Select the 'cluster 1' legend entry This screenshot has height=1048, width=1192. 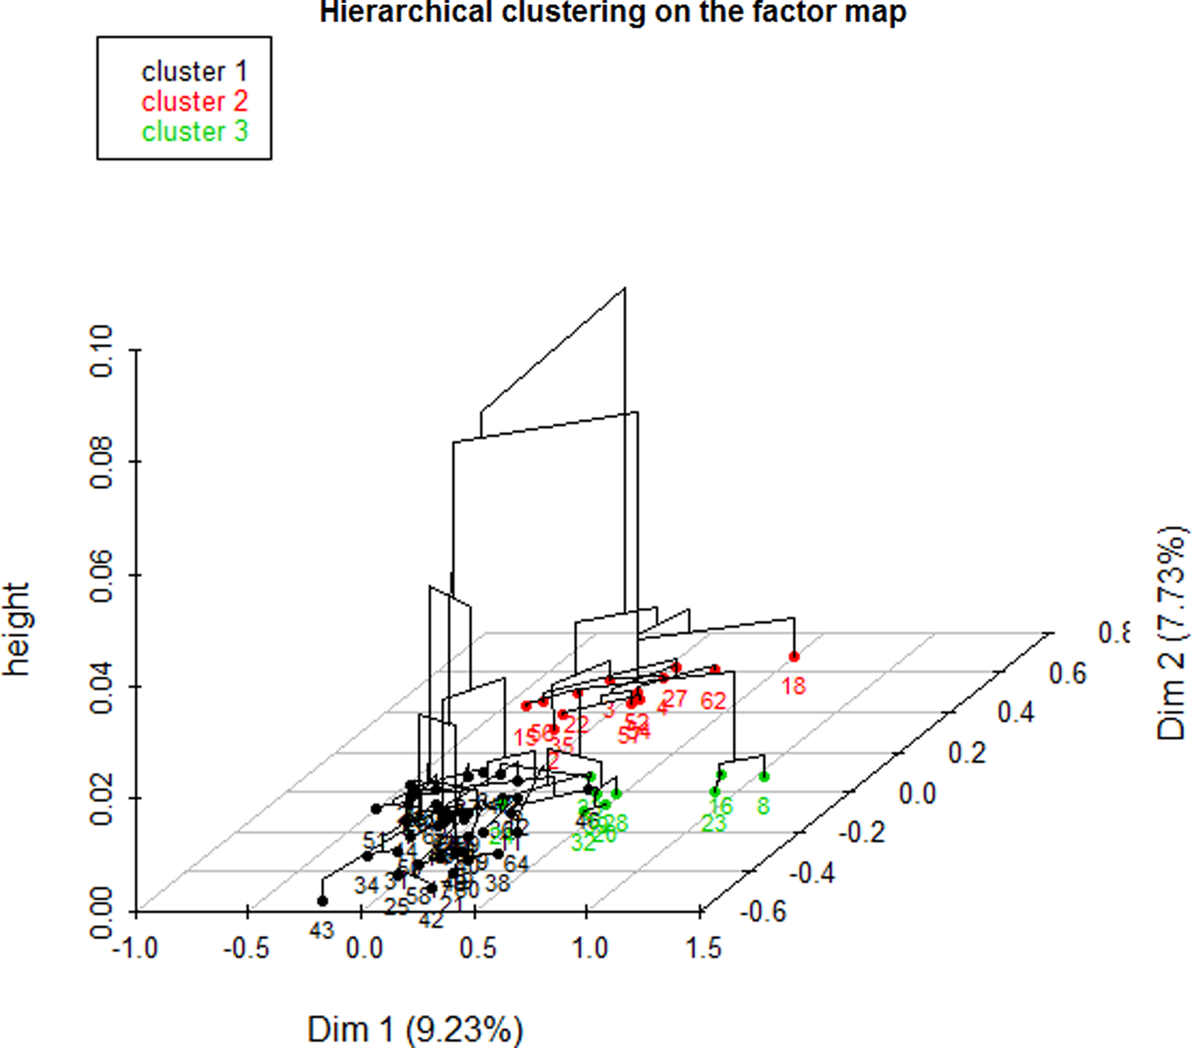(x=194, y=72)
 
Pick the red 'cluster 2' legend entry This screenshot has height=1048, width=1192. (x=194, y=101)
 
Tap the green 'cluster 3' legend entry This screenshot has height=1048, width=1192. (x=194, y=131)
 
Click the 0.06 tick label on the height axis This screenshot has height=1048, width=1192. (x=102, y=575)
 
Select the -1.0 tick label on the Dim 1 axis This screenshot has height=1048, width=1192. (x=135, y=948)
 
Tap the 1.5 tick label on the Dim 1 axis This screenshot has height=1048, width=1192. (x=703, y=948)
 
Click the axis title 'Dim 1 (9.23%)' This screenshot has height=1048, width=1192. (x=415, y=1029)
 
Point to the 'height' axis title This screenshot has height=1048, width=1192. (x=17, y=630)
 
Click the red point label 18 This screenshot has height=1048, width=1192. (x=793, y=686)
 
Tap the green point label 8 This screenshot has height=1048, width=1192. (x=763, y=806)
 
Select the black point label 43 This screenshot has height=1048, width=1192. (x=322, y=930)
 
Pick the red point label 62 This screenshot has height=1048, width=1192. (x=713, y=701)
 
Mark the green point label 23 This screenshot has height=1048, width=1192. (x=713, y=824)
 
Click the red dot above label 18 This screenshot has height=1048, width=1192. (x=793, y=656)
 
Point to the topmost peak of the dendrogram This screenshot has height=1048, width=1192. (x=624, y=288)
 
